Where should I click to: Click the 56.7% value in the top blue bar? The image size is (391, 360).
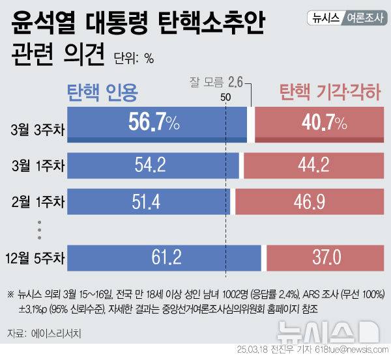154,124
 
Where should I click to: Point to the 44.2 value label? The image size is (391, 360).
313,165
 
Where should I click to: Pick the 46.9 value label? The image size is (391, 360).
310,202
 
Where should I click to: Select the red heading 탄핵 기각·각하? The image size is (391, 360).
329,92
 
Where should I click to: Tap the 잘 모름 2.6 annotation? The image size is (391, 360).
215,82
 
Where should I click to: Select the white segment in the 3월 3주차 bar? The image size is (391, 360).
251,124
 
